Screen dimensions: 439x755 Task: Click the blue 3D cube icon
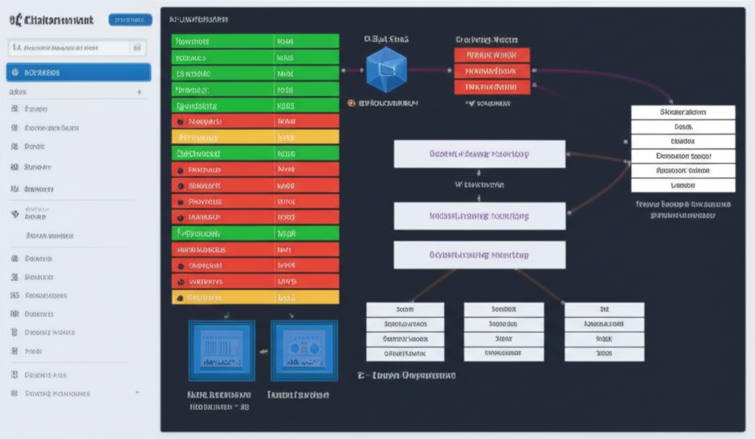click(386, 70)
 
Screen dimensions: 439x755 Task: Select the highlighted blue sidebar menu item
click(78, 72)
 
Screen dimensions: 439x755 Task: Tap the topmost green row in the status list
click(255, 41)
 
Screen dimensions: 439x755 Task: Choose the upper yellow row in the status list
click(255, 137)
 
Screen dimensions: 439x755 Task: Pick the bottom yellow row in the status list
click(255, 297)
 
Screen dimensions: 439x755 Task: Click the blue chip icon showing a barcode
click(222, 350)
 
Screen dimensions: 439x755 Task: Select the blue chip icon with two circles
click(304, 350)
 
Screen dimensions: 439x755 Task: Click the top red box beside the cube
click(492, 55)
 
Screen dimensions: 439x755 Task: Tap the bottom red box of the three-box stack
click(492, 87)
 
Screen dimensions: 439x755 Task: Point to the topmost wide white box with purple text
click(479, 154)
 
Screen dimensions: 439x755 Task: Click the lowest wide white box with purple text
click(479, 255)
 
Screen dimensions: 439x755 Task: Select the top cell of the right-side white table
click(683, 112)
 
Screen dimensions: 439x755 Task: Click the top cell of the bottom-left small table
click(406, 310)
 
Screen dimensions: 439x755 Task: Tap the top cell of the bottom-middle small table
click(504, 310)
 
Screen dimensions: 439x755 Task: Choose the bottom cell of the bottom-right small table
click(604, 353)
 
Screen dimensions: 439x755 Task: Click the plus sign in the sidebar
click(139, 93)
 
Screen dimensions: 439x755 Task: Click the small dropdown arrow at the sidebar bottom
click(137, 393)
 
